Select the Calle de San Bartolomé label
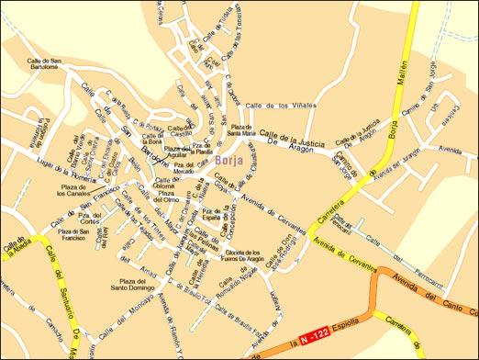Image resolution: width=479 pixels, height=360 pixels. pyautogui.click(x=47, y=67)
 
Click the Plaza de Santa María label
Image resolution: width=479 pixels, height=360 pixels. pyautogui.click(x=242, y=131)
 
